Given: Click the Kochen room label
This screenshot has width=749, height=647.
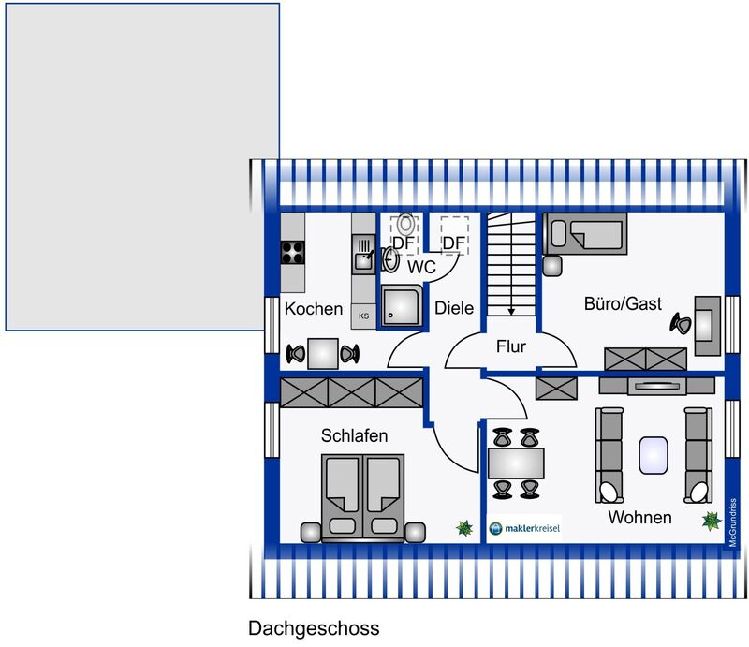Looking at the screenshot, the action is [x=314, y=309].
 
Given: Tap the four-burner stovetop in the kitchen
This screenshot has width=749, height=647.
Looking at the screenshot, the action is [x=292, y=252].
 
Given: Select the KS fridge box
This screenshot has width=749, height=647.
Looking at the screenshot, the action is [x=363, y=316].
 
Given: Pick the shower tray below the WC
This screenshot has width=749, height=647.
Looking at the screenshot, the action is [x=402, y=306].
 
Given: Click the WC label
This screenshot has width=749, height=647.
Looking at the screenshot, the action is [x=421, y=267].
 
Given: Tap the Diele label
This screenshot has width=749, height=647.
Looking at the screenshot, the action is [x=454, y=308].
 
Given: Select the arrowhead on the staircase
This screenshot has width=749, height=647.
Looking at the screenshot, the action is [x=511, y=312].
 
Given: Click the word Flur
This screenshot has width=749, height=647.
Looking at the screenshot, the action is [x=510, y=346].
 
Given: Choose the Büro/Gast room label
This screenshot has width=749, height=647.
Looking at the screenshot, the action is [x=623, y=304].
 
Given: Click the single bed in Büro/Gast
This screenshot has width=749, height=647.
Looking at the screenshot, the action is [x=585, y=234].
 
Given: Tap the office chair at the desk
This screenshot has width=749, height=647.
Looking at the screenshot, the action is [x=681, y=324].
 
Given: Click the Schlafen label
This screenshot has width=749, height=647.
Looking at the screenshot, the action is [x=354, y=435].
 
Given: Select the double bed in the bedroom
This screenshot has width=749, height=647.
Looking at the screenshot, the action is [x=363, y=498].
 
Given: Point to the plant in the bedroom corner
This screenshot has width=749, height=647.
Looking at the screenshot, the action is [x=464, y=528].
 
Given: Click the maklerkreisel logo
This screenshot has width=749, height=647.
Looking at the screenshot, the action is [x=524, y=528].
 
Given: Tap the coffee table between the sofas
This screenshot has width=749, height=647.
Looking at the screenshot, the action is [x=654, y=455].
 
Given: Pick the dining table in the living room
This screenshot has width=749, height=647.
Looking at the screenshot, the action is [x=516, y=463].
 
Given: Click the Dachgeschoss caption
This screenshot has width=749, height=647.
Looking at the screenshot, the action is [x=314, y=629].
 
